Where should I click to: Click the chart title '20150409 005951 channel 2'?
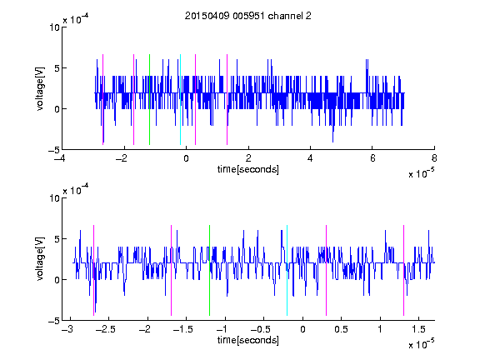point(248,16)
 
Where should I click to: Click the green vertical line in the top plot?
point(149,99)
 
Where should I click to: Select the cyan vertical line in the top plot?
point(180,99)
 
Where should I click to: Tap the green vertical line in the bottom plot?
point(209,270)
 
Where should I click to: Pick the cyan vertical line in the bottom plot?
point(287,270)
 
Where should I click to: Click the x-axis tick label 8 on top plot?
point(434,158)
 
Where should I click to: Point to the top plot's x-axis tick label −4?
point(59,158)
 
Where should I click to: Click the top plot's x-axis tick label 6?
point(372,158)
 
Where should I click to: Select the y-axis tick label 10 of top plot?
point(55,27)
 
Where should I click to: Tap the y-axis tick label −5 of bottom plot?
point(54,321)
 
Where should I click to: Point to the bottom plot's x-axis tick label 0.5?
point(341,329)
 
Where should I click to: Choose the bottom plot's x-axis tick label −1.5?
point(182,329)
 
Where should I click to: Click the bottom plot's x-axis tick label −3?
point(67,329)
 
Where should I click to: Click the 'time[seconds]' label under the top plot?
point(248,169)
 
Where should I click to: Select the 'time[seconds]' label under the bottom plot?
point(248,340)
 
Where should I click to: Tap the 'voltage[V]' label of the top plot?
point(40,88)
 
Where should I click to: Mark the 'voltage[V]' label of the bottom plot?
point(40,258)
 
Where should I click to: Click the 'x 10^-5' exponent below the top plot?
point(421,173)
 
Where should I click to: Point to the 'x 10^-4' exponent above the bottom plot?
point(76,189)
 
